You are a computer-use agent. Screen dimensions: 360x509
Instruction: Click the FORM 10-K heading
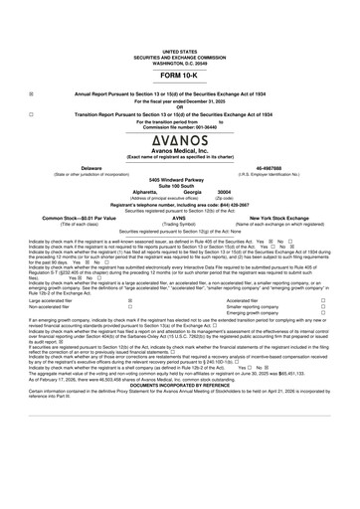[x=179, y=76]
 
